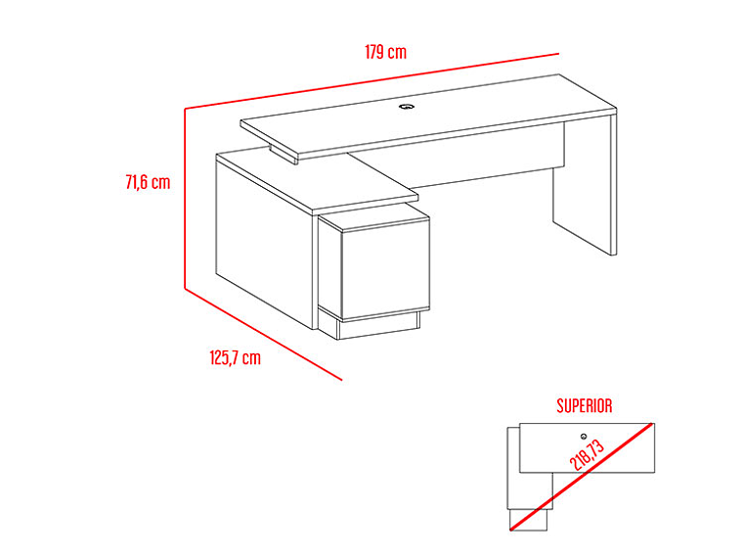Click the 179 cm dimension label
click(x=385, y=52)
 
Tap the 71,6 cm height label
click(x=148, y=182)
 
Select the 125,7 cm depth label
click(x=235, y=357)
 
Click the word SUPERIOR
click(x=585, y=405)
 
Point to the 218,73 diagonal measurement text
click(x=588, y=454)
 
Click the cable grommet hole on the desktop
click(x=406, y=107)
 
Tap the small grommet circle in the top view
click(x=584, y=437)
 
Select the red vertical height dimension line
click(x=185, y=199)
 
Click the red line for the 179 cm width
click(x=371, y=80)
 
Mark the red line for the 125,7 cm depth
click(x=263, y=334)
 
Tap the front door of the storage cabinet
click(x=385, y=268)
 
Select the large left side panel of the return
click(x=264, y=242)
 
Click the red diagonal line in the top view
click(x=583, y=477)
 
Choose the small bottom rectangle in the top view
click(x=528, y=520)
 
